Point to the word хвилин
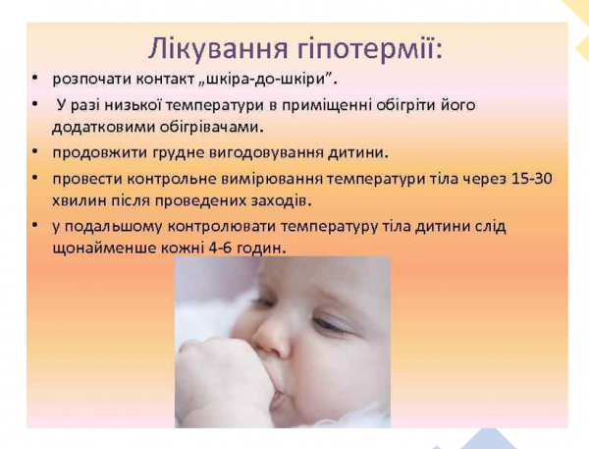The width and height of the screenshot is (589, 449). pyautogui.click(x=79, y=201)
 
